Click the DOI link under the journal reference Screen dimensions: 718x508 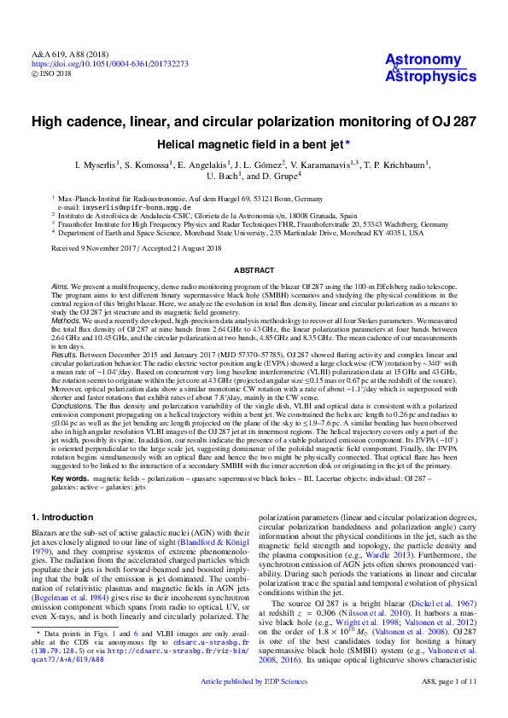point(110,64)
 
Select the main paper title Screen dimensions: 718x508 point(254,122)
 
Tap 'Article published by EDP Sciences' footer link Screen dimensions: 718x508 point(254,706)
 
